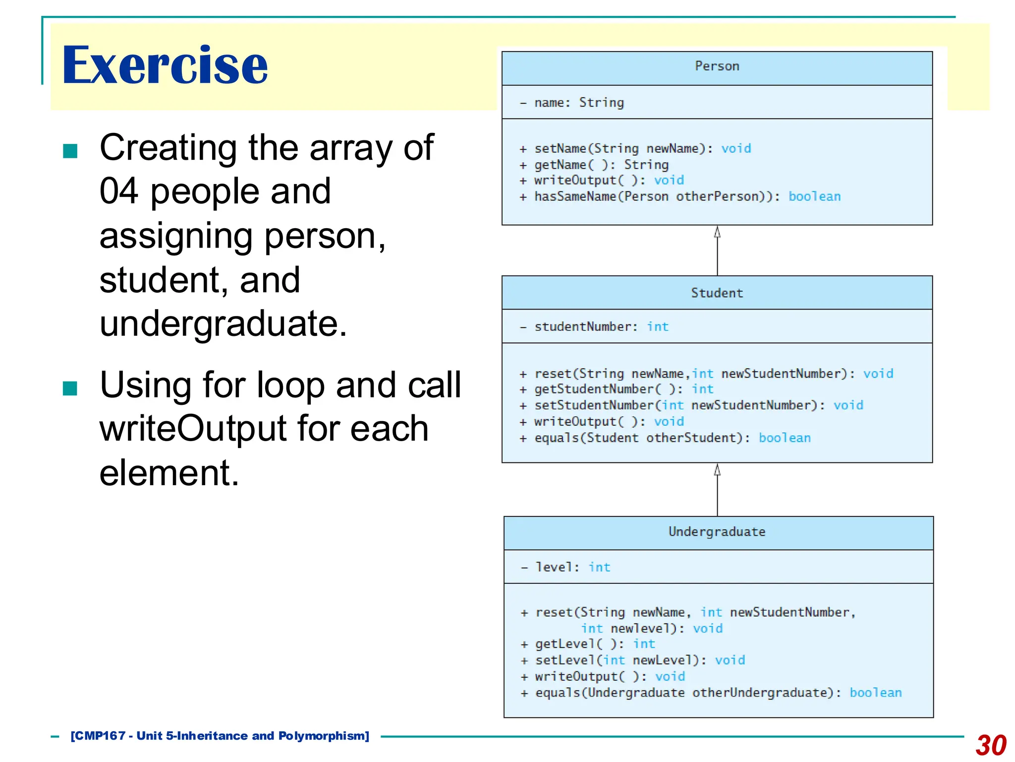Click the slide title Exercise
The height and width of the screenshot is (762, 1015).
tap(165, 65)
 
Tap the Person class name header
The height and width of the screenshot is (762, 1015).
tap(717, 66)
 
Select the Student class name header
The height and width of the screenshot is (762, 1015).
tap(717, 293)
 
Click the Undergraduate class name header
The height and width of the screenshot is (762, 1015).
tap(717, 532)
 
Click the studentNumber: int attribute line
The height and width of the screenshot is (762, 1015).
tap(595, 327)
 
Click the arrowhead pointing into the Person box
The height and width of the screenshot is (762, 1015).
tap(717, 232)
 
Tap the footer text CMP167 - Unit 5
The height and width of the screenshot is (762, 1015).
tap(220, 736)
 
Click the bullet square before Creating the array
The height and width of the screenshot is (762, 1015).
tap(70, 151)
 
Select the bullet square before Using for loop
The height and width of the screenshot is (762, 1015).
tap(70, 388)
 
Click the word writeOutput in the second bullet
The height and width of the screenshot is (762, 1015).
tap(193, 429)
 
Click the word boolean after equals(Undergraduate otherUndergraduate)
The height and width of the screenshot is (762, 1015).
tap(875, 693)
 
